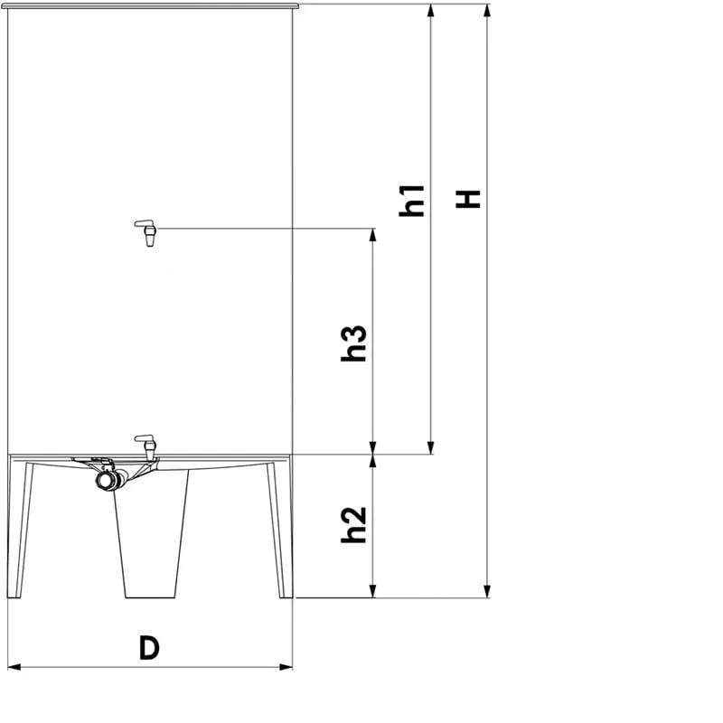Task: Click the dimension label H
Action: [x=468, y=199]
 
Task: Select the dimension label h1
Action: [x=412, y=201]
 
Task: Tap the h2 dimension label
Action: [x=354, y=525]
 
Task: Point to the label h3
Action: [x=354, y=343]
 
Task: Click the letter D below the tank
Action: [x=149, y=648]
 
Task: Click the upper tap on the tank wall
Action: [x=147, y=232]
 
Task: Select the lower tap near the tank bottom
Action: [x=147, y=446]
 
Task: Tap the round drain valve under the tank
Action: [x=107, y=480]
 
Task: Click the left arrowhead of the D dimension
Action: [x=14, y=667]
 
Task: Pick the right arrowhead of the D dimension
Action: [x=286, y=667]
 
